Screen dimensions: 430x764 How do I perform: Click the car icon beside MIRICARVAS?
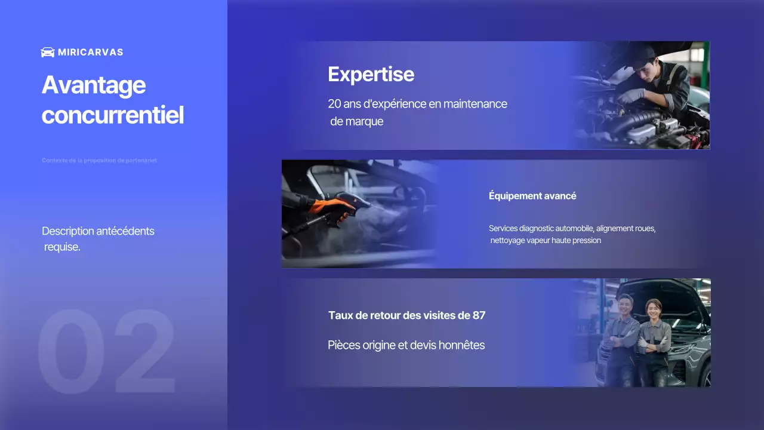pyautogui.click(x=48, y=52)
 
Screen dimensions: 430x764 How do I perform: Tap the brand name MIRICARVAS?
pyautogui.click(x=91, y=53)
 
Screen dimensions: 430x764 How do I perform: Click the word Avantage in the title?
pyautogui.click(x=94, y=85)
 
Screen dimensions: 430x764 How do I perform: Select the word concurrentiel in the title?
pyautogui.click(x=113, y=115)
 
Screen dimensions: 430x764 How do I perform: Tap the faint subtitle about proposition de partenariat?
pyautogui.click(x=100, y=161)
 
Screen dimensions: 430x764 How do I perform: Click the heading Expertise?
pyautogui.click(x=371, y=74)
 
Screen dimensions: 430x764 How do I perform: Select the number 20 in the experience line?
pyautogui.click(x=334, y=104)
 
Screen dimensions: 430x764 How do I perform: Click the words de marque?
pyautogui.click(x=357, y=121)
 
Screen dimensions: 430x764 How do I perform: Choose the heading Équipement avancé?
pyautogui.click(x=532, y=196)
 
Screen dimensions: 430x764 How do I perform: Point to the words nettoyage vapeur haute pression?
pyautogui.click(x=546, y=241)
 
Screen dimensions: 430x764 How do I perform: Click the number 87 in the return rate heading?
pyautogui.click(x=479, y=315)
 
